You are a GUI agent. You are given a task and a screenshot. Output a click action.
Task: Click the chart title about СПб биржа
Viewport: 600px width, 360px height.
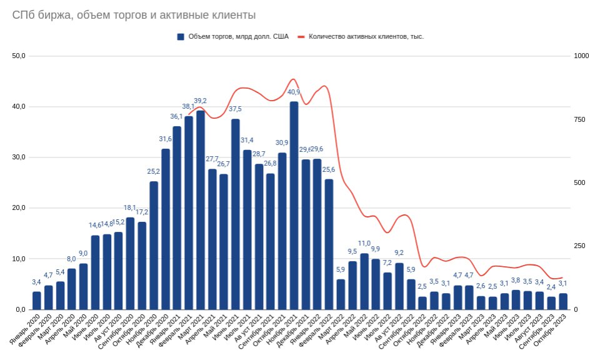click(134, 15)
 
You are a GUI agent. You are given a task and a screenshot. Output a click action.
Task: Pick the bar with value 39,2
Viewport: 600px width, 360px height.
click(201, 209)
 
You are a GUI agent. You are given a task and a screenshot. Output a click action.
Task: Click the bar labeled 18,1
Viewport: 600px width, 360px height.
click(130, 263)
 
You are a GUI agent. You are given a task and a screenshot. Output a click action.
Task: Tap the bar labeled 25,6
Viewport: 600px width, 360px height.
click(329, 244)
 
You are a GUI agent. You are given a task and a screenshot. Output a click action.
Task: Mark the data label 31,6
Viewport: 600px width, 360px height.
click(166, 139)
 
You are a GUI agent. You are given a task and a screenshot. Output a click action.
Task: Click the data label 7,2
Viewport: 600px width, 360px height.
click(387, 262)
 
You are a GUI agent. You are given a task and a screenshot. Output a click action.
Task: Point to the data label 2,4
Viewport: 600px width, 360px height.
click(551, 287)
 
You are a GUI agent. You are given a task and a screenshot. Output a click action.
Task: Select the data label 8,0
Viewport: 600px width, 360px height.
click(71, 259)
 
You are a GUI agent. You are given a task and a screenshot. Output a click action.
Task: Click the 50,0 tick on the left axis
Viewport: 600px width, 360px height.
click(18, 56)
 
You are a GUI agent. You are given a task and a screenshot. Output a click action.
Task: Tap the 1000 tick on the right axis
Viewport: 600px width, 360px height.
click(581, 56)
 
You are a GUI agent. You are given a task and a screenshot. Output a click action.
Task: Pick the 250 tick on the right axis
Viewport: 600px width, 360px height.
click(579, 246)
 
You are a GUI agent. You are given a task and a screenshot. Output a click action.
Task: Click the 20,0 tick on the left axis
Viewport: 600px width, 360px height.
click(18, 208)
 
